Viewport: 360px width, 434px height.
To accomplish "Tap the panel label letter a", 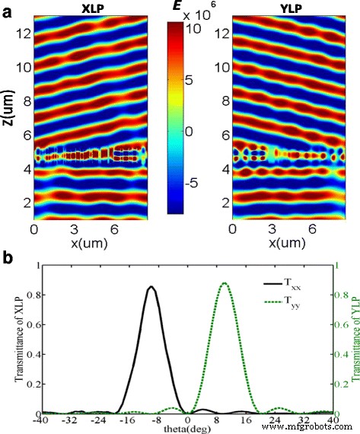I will coord(7,11).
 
